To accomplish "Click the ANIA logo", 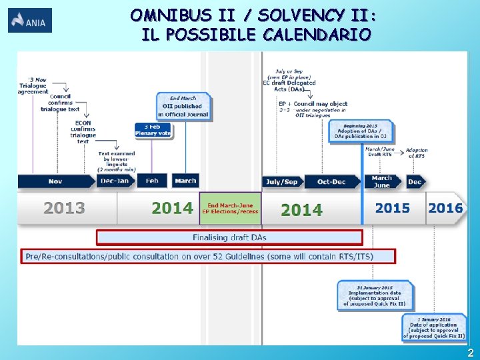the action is tap(30, 21).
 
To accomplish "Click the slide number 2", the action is tap(470, 353).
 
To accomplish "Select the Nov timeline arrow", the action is tap(56, 181).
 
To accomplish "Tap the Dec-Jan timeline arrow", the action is tap(116, 181).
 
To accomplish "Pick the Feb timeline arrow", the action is tap(153, 181).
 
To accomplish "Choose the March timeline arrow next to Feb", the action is tap(185, 181).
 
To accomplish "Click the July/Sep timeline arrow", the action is tap(282, 181).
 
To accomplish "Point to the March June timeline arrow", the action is tap(383, 181).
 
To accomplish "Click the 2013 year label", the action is tap(65, 209).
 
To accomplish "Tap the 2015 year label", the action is tap(392, 208).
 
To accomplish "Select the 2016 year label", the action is tap(445, 208).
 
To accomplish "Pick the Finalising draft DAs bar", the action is tap(230, 237).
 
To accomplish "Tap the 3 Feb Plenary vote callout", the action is tap(153, 130).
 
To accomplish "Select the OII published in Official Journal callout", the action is tap(184, 106).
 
